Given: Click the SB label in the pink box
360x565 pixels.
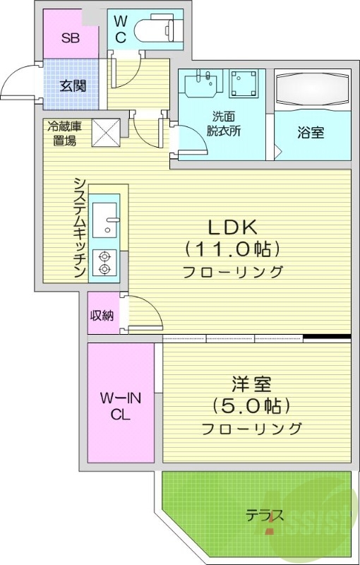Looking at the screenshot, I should tap(70, 38).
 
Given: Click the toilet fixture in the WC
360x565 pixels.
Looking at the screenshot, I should tap(157, 29).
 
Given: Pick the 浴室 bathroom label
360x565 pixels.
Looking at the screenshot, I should tap(311, 133).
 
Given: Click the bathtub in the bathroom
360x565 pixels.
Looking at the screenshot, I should tap(311, 90).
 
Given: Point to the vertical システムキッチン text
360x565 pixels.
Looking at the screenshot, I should tap(80, 227).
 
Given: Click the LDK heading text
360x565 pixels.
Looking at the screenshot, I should tap(232, 227).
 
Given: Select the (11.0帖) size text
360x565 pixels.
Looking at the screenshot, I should tap(232, 249).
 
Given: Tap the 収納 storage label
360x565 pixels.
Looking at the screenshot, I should tap(102, 315).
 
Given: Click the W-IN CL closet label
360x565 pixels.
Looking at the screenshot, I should tap(121, 407).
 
